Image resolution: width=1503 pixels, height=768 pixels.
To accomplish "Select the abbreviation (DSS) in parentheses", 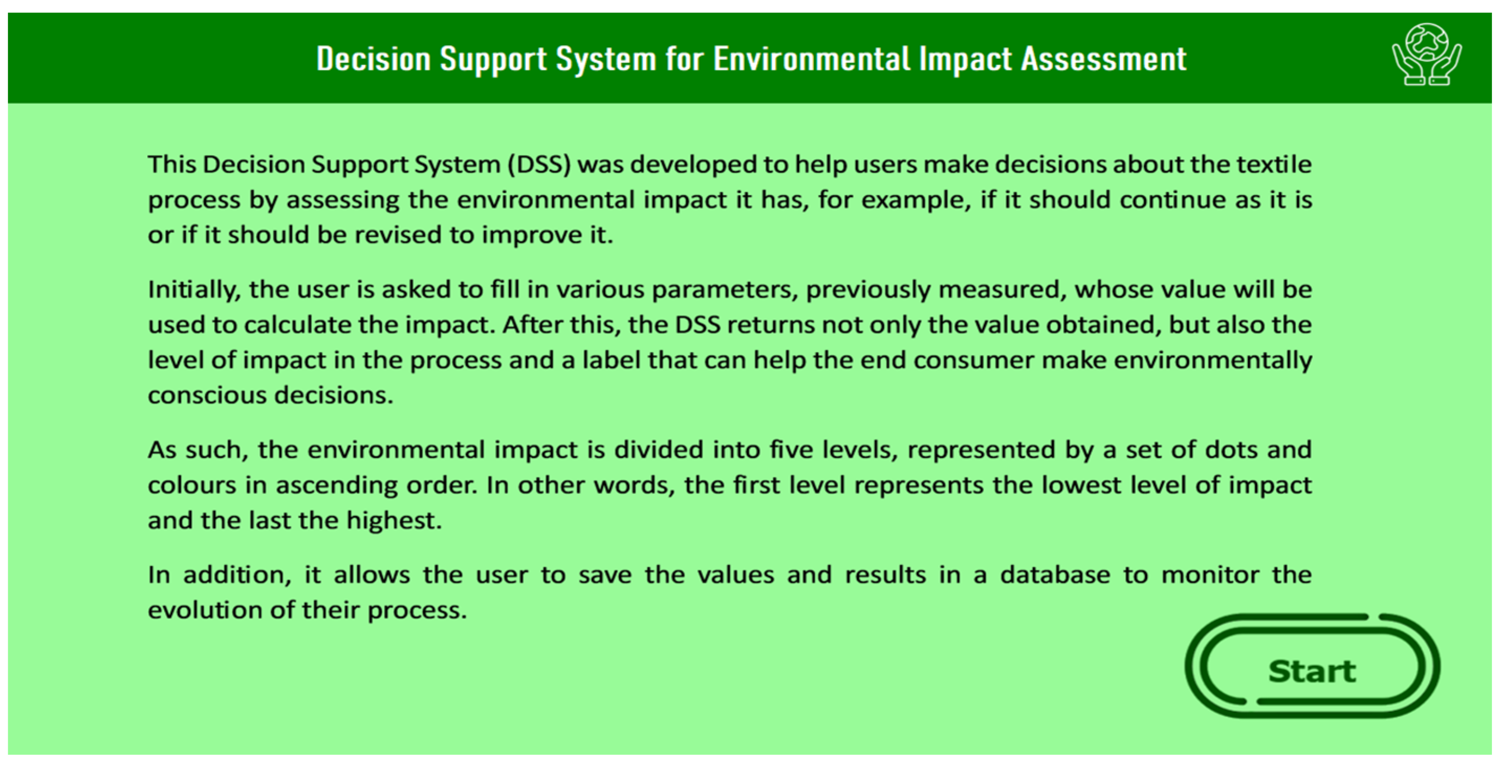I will point(539,164).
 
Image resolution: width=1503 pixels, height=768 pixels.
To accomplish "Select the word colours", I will point(192,486).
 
